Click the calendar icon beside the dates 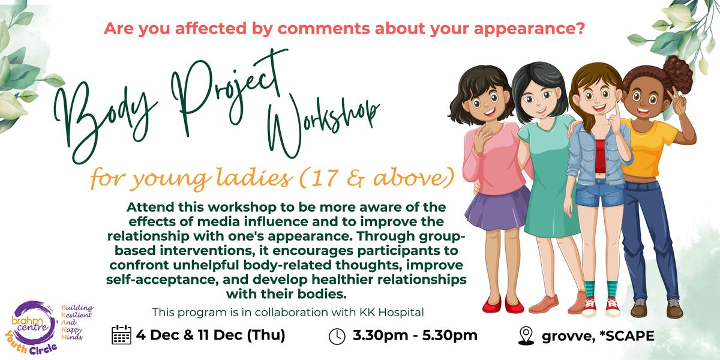point(122,335)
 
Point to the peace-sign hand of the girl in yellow point(677,100)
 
